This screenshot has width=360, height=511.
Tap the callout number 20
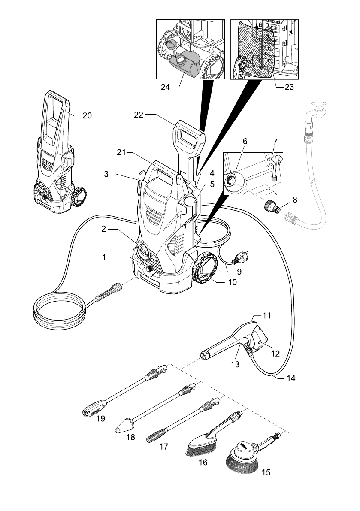pos(87,115)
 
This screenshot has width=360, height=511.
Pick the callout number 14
pos(291,379)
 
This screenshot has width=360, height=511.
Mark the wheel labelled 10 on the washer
pos(205,269)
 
